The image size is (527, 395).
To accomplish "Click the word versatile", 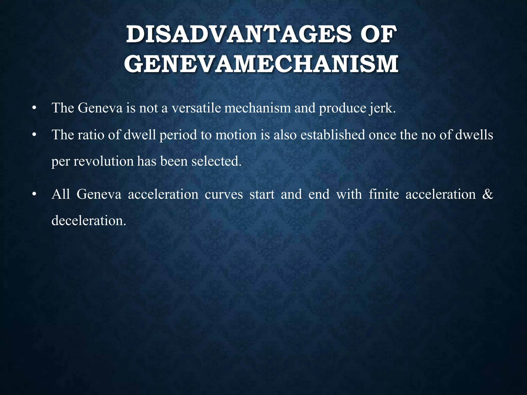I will coord(196,108).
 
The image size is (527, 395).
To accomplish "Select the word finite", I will coord(384,194).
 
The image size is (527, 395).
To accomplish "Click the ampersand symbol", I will coord(488,194).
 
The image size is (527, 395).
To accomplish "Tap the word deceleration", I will coord(89,221).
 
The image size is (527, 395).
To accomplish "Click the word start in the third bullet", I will coord(262,194).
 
